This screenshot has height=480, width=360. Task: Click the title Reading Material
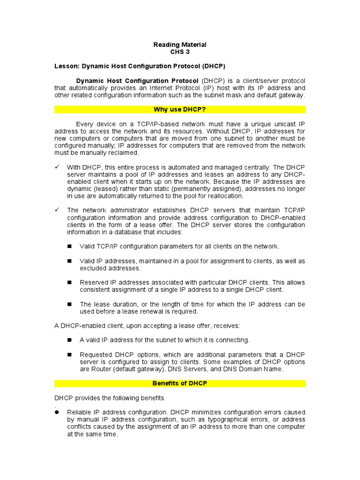point(180,45)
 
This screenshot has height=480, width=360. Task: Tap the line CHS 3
point(180,52)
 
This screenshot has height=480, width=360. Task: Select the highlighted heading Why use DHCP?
point(180,110)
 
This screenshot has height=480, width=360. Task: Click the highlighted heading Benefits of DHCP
point(180,383)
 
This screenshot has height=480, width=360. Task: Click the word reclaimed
point(122,152)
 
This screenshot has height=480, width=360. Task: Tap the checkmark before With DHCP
point(57,167)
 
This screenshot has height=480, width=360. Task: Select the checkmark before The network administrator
point(57,210)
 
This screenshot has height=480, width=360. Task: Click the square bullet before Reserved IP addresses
point(69,283)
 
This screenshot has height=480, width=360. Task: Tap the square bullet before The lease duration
point(69,304)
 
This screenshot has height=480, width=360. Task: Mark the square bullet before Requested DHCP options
point(69,355)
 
